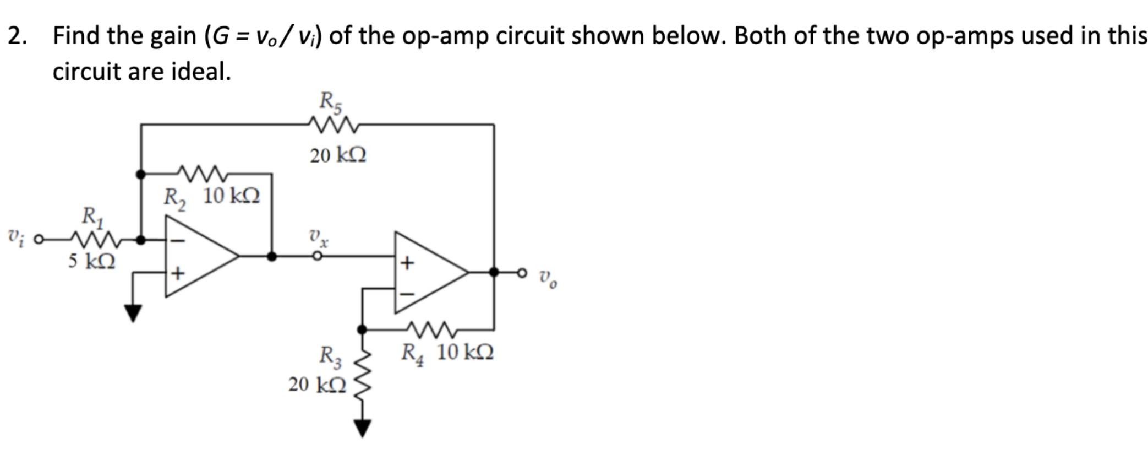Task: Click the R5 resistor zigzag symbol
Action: [x=334, y=125]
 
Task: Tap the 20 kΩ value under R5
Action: [x=338, y=156]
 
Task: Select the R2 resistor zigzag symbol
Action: [x=201, y=174]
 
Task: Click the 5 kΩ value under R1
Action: [x=91, y=261]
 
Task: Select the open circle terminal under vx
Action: [x=316, y=256]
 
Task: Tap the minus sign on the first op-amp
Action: [x=177, y=241]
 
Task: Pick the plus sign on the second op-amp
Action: [x=406, y=263]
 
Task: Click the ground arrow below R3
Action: [x=362, y=428]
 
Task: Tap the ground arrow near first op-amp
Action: [x=132, y=312]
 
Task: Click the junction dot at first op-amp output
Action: [x=271, y=256]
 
